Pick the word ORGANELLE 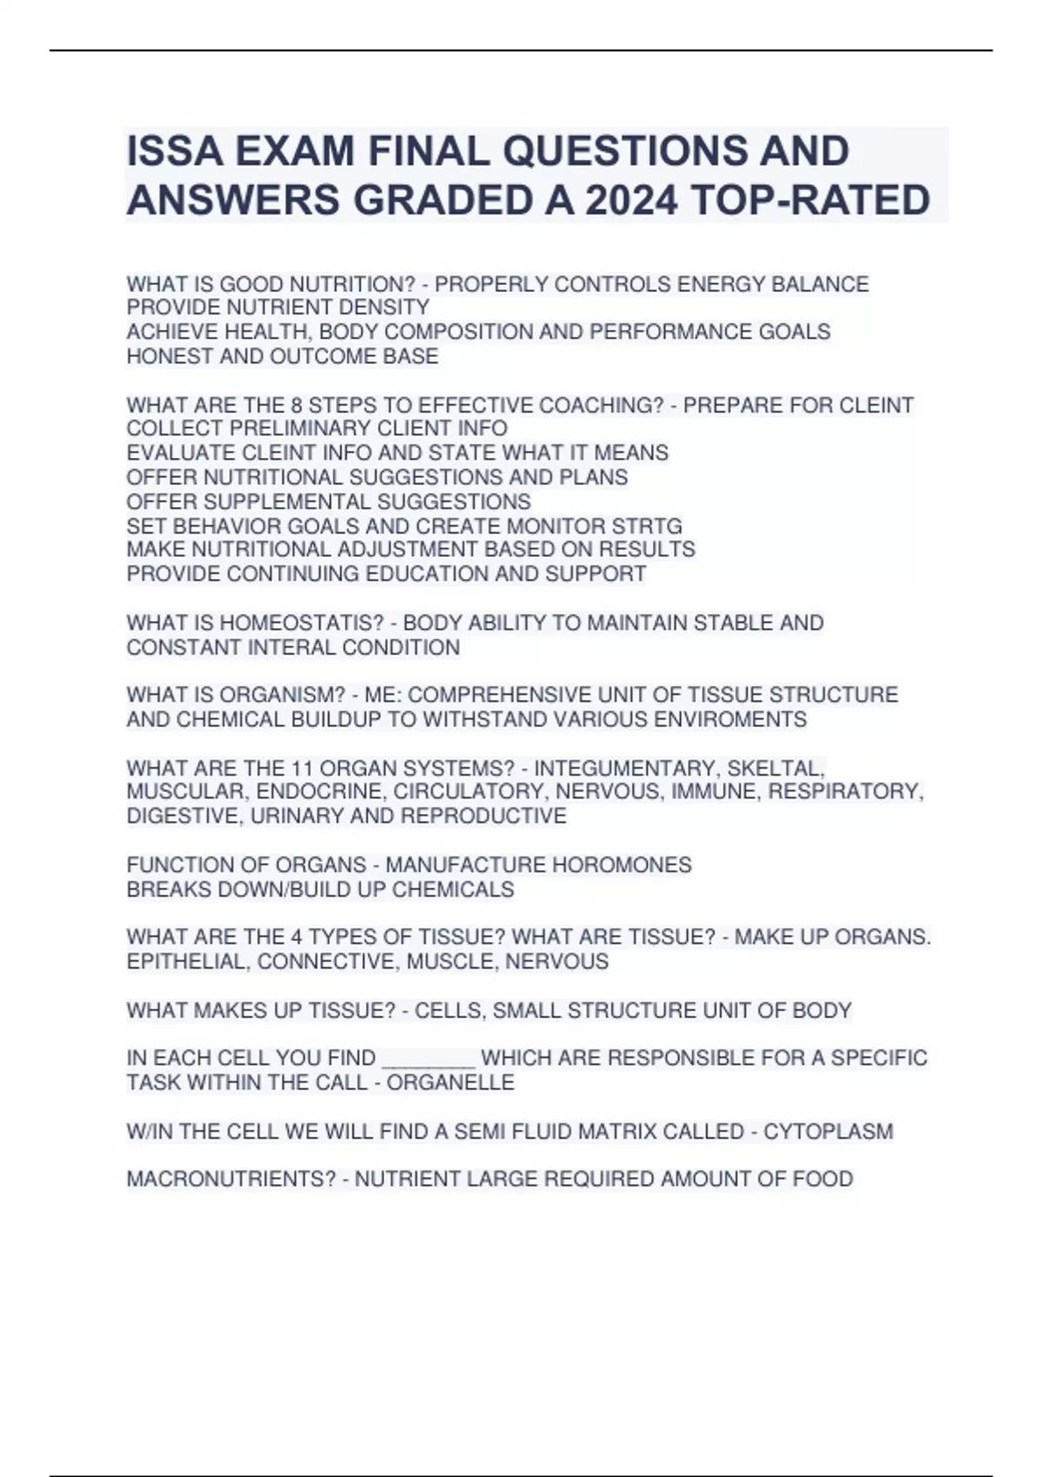[x=450, y=1083]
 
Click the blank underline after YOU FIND [x=428, y=1059]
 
